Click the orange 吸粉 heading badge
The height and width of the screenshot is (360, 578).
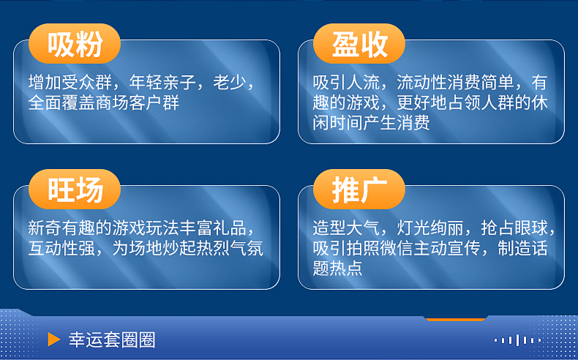click(x=75, y=43)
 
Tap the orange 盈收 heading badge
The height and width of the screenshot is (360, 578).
click(x=359, y=43)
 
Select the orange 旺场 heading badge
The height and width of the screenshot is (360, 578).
click(x=75, y=190)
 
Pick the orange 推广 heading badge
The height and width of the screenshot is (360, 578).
click(x=359, y=190)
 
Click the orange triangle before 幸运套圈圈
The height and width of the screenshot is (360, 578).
click(x=54, y=340)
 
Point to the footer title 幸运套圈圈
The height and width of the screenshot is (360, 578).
click(x=112, y=340)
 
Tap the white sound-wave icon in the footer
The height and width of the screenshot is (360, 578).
click(x=517, y=340)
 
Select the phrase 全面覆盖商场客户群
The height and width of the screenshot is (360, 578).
click(x=104, y=102)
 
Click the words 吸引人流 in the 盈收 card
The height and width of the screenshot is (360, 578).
click(x=346, y=83)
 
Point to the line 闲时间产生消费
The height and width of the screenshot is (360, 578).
click(x=371, y=123)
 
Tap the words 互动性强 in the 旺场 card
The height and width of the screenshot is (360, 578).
click(x=61, y=249)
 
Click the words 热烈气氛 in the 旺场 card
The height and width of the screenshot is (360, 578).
click(x=230, y=249)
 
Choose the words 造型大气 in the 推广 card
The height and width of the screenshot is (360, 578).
click(x=346, y=228)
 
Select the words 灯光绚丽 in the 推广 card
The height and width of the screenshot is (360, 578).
click(x=430, y=228)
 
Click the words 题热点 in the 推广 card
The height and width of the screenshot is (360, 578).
click(x=338, y=269)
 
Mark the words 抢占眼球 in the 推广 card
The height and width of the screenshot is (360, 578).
click(x=514, y=228)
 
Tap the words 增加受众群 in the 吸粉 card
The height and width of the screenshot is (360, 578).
click(x=70, y=83)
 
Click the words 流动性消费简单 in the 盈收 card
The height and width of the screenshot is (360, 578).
click(x=455, y=83)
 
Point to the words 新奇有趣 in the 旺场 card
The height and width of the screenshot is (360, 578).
click(x=61, y=228)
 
